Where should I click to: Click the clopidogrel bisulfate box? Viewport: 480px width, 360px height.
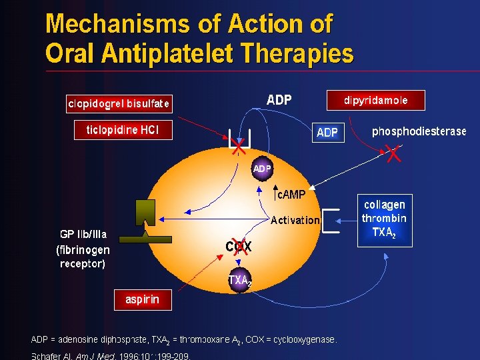119,103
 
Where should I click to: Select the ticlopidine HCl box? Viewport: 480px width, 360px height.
123,129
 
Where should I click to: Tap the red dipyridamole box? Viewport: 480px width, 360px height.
375,100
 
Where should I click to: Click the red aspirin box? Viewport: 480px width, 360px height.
142,299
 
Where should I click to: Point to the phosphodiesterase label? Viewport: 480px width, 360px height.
419,131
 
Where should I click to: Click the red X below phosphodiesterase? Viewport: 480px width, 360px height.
394,155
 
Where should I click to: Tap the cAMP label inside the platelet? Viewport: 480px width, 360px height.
291,195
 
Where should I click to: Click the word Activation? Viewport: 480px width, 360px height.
295,220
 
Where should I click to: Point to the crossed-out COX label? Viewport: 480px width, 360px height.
238,247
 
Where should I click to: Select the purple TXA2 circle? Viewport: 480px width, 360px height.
239,281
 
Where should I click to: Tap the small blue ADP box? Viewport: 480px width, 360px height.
327,133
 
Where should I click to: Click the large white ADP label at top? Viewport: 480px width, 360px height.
279,101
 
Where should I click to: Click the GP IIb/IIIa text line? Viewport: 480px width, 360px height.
83,235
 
